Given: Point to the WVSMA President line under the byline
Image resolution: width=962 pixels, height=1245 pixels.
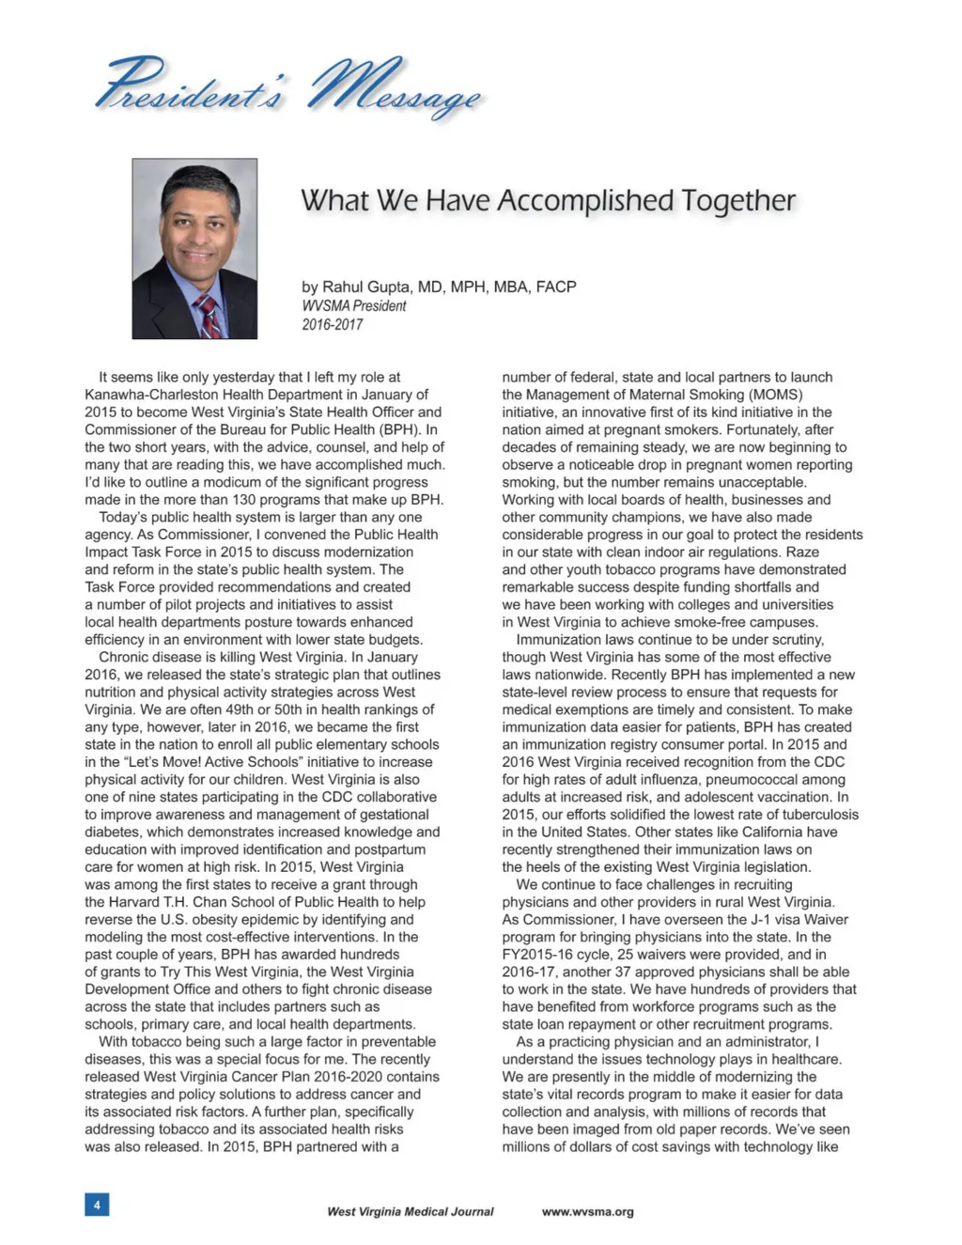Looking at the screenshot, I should pyautogui.click(x=354, y=305).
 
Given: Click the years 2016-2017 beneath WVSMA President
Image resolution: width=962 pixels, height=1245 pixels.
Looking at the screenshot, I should pyautogui.click(x=332, y=324).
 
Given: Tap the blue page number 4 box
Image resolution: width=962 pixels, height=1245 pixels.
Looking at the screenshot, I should pyautogui.click(x=97, y=1204).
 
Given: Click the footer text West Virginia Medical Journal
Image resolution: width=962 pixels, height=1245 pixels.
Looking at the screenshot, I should pyautogui.click(x=410, y=1211).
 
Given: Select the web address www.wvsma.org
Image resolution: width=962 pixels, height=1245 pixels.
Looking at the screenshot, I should pyautogui.click(x=587, y=1211).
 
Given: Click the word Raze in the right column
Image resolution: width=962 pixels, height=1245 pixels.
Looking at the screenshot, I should pyautogui.click(x=802, y=552).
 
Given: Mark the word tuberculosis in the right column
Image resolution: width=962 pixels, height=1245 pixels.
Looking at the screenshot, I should pyautogui.click(x=815, y=815).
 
